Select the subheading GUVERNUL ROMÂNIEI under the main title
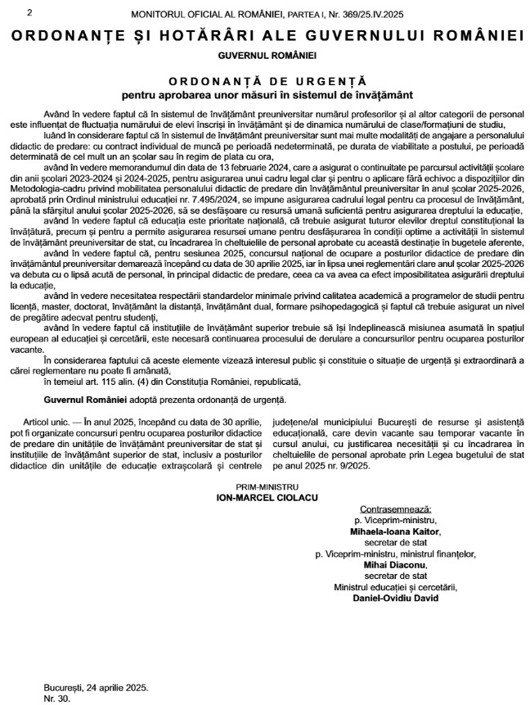point(266,55)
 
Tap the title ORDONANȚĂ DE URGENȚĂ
point(266,81)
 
